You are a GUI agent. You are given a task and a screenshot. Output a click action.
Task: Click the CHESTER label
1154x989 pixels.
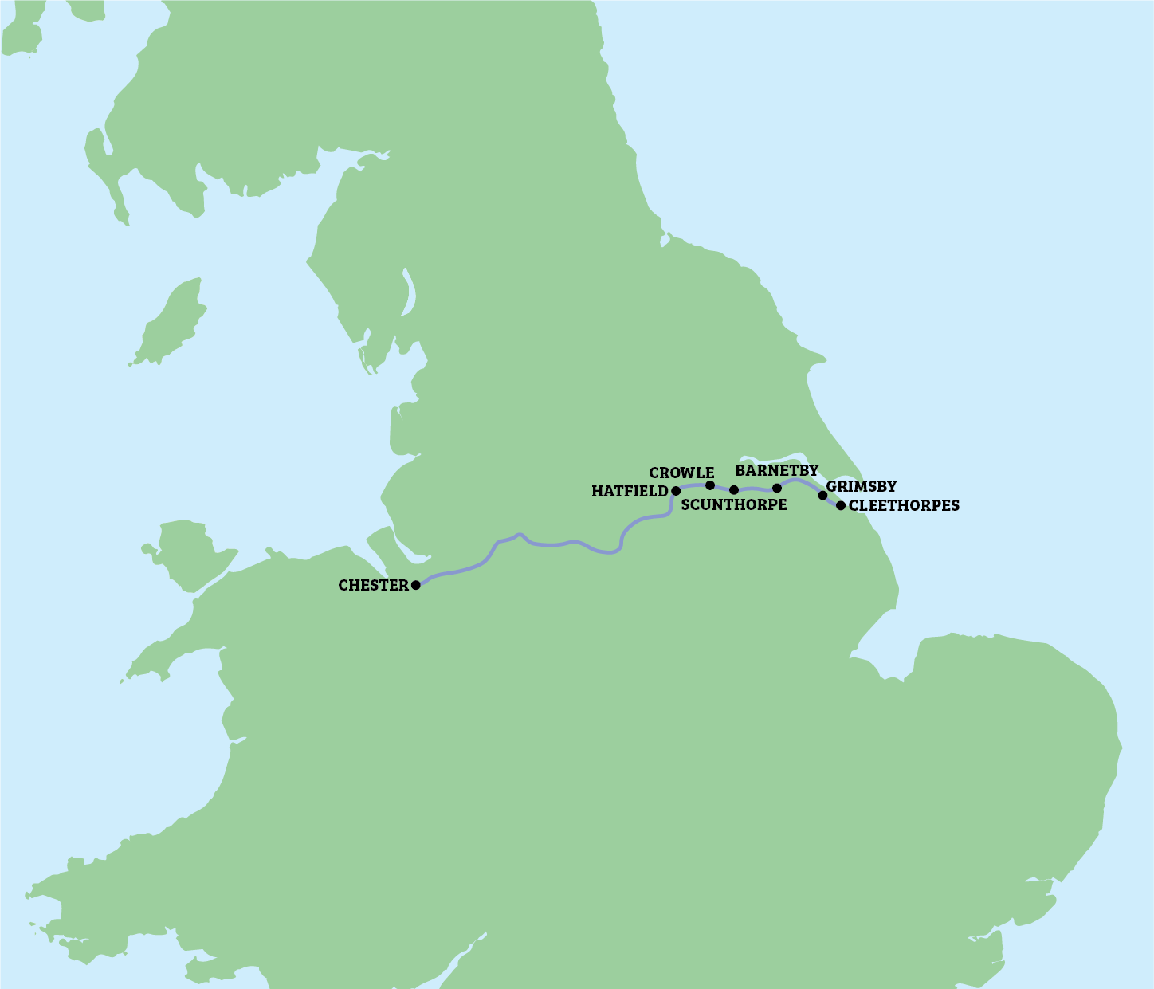tap(373, 585)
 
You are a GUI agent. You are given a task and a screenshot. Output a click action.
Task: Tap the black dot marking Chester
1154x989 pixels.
tap(415, 585)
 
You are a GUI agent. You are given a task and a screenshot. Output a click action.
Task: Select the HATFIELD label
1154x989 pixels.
tap(629, 492)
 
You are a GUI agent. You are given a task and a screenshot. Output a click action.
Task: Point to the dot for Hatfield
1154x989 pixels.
tap(676, 491)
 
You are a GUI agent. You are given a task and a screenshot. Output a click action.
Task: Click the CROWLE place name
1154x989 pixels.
tap(681, 473)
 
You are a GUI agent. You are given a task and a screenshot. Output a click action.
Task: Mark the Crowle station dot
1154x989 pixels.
tap(710, 485)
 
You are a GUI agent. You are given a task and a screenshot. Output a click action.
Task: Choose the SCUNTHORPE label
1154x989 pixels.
tap(734, 505)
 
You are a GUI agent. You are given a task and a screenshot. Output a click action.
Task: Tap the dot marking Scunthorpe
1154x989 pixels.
tap(734, 489)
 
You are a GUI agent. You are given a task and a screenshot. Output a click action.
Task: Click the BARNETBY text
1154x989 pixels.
tap(776, 471)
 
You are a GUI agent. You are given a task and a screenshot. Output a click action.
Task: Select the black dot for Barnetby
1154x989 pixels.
tap(777, 488)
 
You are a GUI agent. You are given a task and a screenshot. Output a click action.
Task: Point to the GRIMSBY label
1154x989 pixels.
tap(861, 486)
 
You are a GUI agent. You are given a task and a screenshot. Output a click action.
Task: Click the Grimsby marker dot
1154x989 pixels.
tap(822, 496)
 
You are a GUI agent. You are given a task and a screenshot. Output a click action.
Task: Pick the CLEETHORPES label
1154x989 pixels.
tap(904, 505)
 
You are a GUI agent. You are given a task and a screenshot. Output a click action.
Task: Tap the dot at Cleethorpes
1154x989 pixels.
tap(840, 505)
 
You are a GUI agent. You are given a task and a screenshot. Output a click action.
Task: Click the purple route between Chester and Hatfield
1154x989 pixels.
tap(558, 544)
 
